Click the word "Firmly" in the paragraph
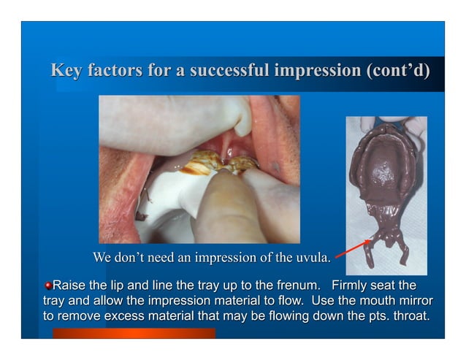click(x=353, y=285)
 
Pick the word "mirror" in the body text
click(x=413, y=300)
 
